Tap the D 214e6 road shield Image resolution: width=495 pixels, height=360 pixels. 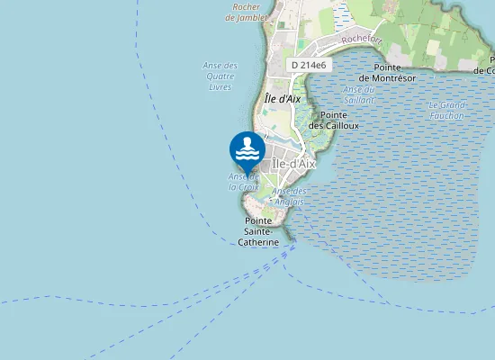coord(309,66)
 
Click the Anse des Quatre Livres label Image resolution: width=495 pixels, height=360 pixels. coord(220,76)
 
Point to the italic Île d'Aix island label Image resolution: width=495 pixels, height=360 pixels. coord(283,99)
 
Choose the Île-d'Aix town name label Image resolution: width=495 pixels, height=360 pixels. coord(293,164)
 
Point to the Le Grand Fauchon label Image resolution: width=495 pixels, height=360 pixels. coord(447,110)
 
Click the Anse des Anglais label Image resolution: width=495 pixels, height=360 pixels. coord(289,196)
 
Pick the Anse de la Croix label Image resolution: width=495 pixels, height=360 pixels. coord(244,182)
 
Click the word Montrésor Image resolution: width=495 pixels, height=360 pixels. coord(393,78)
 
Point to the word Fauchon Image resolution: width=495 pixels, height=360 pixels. coord(447,115)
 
